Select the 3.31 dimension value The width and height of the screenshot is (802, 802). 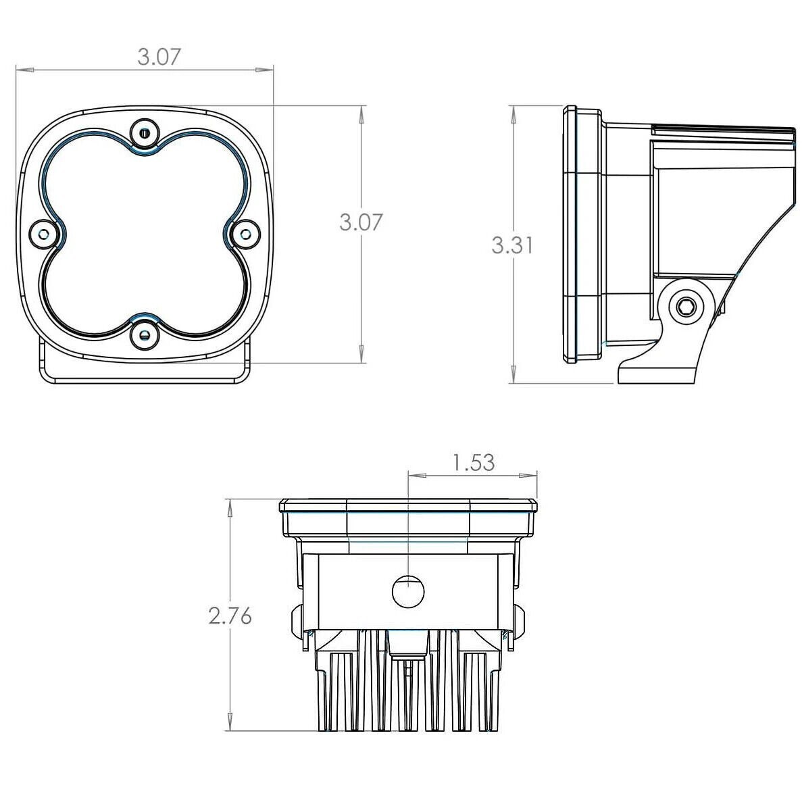pos(512,245)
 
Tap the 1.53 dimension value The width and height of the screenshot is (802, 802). pos(474,463)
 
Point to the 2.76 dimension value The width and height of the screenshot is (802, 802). pos(230,616)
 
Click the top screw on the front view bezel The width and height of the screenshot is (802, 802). pos(144,134)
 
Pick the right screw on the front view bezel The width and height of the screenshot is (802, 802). pos(246,234)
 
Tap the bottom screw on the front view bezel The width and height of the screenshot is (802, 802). pos(144,335)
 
